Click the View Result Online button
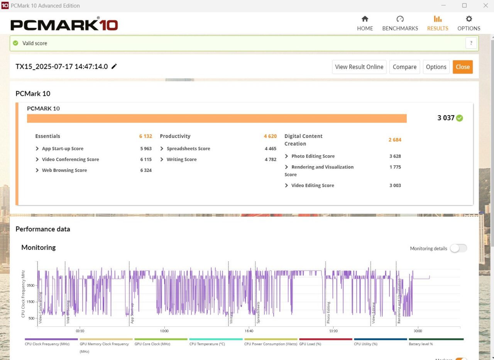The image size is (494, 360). coord(359,67)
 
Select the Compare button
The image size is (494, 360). coord(404,67)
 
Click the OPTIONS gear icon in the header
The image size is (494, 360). coord(469,19)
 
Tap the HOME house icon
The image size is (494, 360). coord(365,19)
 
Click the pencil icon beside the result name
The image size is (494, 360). coord(114,66)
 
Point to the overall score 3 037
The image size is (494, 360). coord(446,118)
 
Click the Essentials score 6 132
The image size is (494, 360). coord(145,136)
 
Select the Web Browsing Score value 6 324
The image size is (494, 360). coord(146,170)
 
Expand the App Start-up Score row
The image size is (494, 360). coord(37,149)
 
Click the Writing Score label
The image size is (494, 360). coord(181,160)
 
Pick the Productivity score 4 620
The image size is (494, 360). coord(270,136)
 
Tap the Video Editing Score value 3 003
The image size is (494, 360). coord(395,185)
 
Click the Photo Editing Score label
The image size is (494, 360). coord(313,156)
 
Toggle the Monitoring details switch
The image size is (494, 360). coord(458,248)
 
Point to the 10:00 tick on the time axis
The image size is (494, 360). coord(164,331)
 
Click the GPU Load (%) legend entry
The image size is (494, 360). coord(310,344)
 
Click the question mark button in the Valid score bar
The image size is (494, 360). coord(471,43)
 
